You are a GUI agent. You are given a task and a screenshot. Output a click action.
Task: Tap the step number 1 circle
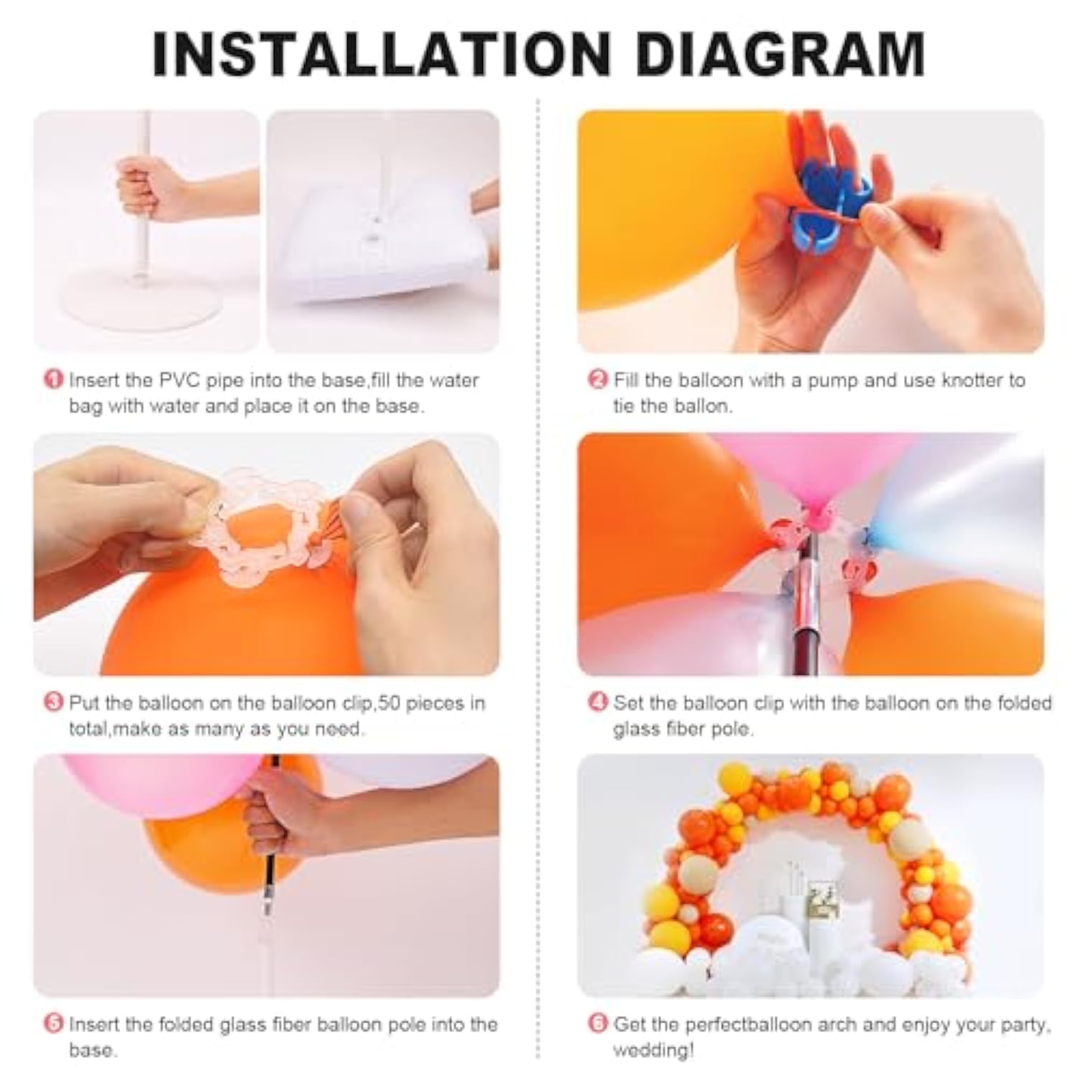pyautogui.click(x=54, y=379)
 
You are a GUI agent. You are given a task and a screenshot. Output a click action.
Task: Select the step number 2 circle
pyautogui.click(x=598, y=379)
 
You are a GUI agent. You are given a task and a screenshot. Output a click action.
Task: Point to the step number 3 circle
pyautogui.click(x=54, y=701)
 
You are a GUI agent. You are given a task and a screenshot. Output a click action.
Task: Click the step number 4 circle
pyautogui.click(x=598, y=701)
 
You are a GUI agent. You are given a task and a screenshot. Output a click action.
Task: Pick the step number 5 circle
pyautogui.click(x=54, y=1023)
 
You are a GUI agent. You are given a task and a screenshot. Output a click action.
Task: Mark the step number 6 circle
pyautogui.click(x=598, y=1023)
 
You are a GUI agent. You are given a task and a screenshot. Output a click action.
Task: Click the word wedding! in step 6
pyautogui.click(x=653, y=1050)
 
